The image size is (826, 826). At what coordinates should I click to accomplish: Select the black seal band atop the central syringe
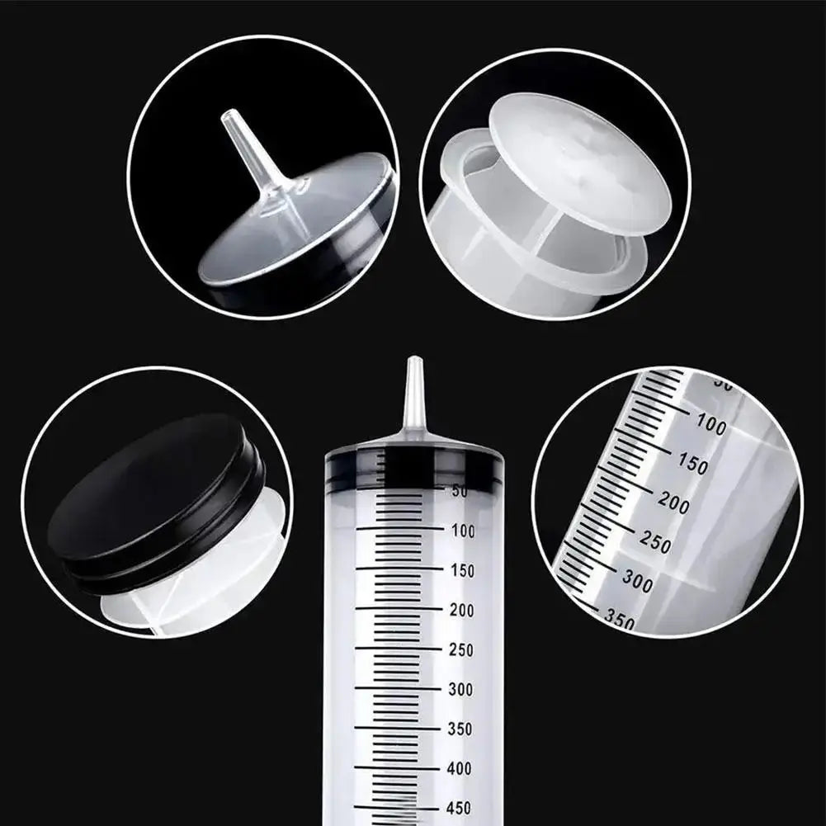pyautogui.click(x=413, y=468)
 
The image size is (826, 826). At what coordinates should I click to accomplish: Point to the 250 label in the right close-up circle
pyautogui.click(x=656, y=543)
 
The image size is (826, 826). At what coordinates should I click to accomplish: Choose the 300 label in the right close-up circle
pyautogui.click(x=637, y=582)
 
